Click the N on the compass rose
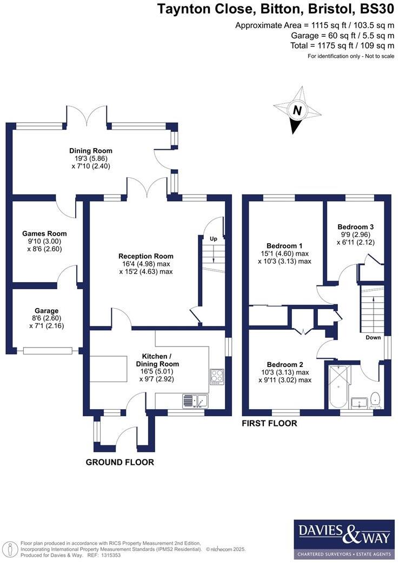point(297,110)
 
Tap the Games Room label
point(44,234)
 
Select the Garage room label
point(46,311)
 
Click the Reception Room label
point(146,256)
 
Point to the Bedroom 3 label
point(356,227)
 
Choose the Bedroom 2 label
point(285,364)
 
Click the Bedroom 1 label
point(284,246)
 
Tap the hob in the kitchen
point(217,376)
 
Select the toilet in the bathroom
point(376,400)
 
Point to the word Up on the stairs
point(214,239)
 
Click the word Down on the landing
point(373,337)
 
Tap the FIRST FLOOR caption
point(269,423)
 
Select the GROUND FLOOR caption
point(119,462)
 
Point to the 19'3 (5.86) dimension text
point(89,159)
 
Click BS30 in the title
point(377,9)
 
